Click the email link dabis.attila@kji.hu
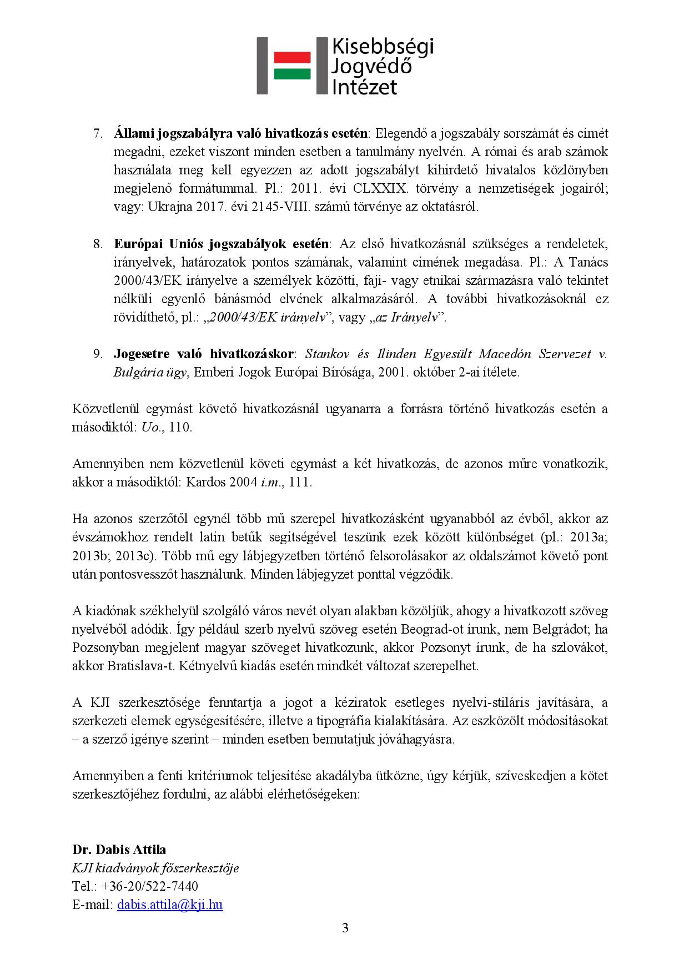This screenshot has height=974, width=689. (170, 905)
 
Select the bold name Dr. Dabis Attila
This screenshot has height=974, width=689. (119, 850)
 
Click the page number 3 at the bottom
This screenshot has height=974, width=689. (345, 928)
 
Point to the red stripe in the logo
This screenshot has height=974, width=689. (292, 58)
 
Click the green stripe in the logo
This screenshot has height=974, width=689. (292, 73)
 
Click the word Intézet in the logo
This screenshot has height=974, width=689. (364, 86)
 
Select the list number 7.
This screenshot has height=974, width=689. (98, 134)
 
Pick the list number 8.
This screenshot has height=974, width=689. (98, 244)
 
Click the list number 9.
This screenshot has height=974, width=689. (98, 354)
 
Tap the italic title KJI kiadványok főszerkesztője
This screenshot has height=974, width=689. (155, 868)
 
